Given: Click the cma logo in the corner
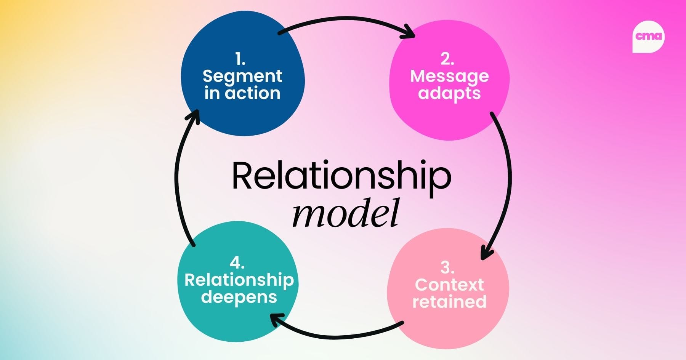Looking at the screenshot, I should click(x=648, y=37).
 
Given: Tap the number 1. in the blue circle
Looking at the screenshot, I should click(x=240, y=59).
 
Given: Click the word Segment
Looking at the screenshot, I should click(x=242, y=77).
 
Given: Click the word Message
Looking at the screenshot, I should click(x=449, y=77).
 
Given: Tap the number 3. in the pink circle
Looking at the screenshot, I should click(x=447, y=268).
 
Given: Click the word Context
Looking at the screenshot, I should click(x=449, y=285).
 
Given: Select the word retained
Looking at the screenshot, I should click(x=449, y=302).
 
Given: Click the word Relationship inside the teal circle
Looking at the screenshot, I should click(x=239, y=280).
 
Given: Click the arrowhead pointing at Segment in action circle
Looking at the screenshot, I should click(x=193, y=115).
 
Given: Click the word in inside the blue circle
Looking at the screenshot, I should click(x=212, y=93).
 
